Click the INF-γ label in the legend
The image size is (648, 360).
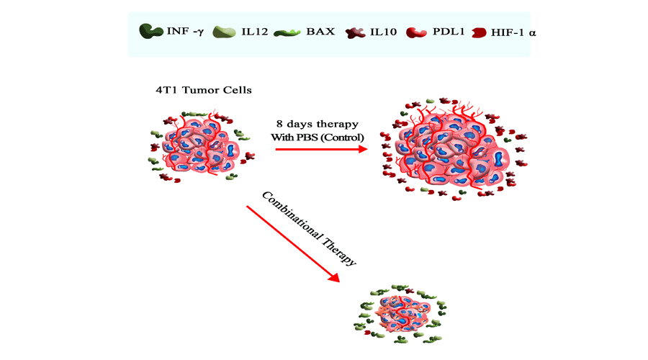click(x=185, y=32)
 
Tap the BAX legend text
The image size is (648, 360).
click(x=320, y=32)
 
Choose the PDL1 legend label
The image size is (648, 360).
click(x=447, y=32)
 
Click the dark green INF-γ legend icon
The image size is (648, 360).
click(x=150, y=32)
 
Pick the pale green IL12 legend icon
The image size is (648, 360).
click(x=225, y=32)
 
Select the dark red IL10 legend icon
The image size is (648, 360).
click(x=354, y=32)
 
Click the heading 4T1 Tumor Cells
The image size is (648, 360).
click(x=204, y=90)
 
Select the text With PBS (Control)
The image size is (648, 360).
click(x=318, y=137)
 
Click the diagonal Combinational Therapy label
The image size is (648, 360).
click(x=309, y=229)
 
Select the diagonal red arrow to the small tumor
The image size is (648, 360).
click(x=292, y=243)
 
